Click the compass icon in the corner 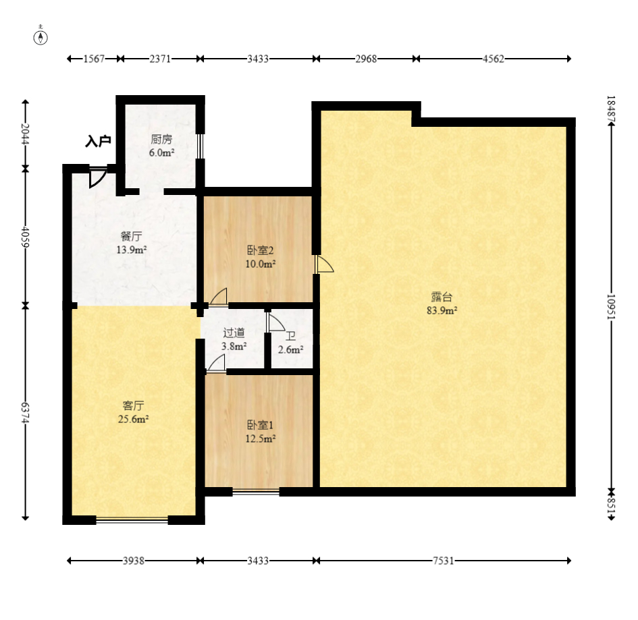tap(41, 36)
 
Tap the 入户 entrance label tap(98, 141)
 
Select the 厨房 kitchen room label tap(161, 140)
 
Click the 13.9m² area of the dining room tap(132, 250)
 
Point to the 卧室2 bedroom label tap(261, 250)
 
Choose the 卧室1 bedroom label tap(260, 425)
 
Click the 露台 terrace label tap(442, 297)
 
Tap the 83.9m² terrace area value tap(442, 310)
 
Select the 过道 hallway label tap(234, 333)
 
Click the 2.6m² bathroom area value tap(290, 349)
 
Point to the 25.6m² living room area tap(133, 419)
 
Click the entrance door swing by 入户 tap(98, 177)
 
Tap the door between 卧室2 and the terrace tap(324, 264)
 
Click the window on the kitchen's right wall tap(200, 146)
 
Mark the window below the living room tap(132, 519)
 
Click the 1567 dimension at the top tap(94, 59)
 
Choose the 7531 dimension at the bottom tap(443, 561)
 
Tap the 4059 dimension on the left tap(25, 237)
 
